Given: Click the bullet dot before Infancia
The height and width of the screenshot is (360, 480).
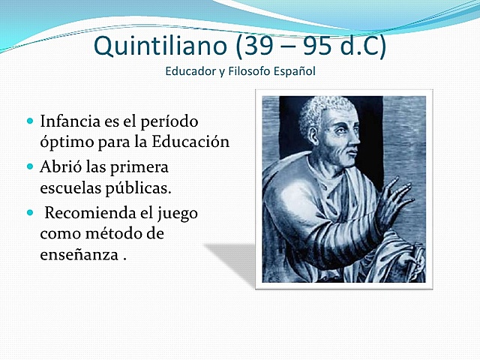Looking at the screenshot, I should click(x=30, y=120).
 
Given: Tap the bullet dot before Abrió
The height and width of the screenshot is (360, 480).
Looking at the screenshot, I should click(x=30, y=166).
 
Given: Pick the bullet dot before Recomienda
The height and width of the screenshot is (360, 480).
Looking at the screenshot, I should click(x=30, y=212).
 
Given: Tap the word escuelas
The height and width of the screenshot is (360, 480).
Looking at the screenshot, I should click(x=69, y=189).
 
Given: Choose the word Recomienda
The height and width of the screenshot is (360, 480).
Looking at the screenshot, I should click(x=93, y=213).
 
